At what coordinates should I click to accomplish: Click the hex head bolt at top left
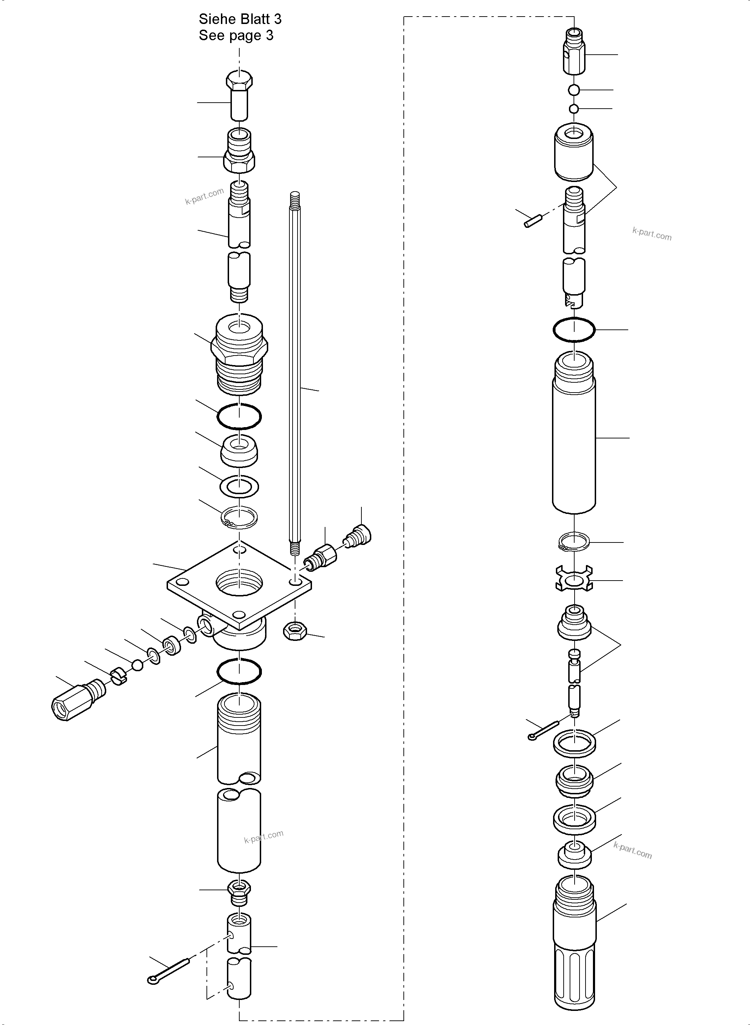(x=239, y=96)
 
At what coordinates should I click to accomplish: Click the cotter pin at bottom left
(x=168, y=971)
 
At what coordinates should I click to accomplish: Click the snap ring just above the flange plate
(x=239, y=517)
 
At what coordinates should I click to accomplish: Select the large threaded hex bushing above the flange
(x=239, y=354)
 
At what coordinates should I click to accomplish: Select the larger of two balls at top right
(x=574, y=90)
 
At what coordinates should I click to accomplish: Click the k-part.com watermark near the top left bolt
(x=204, y=196)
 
